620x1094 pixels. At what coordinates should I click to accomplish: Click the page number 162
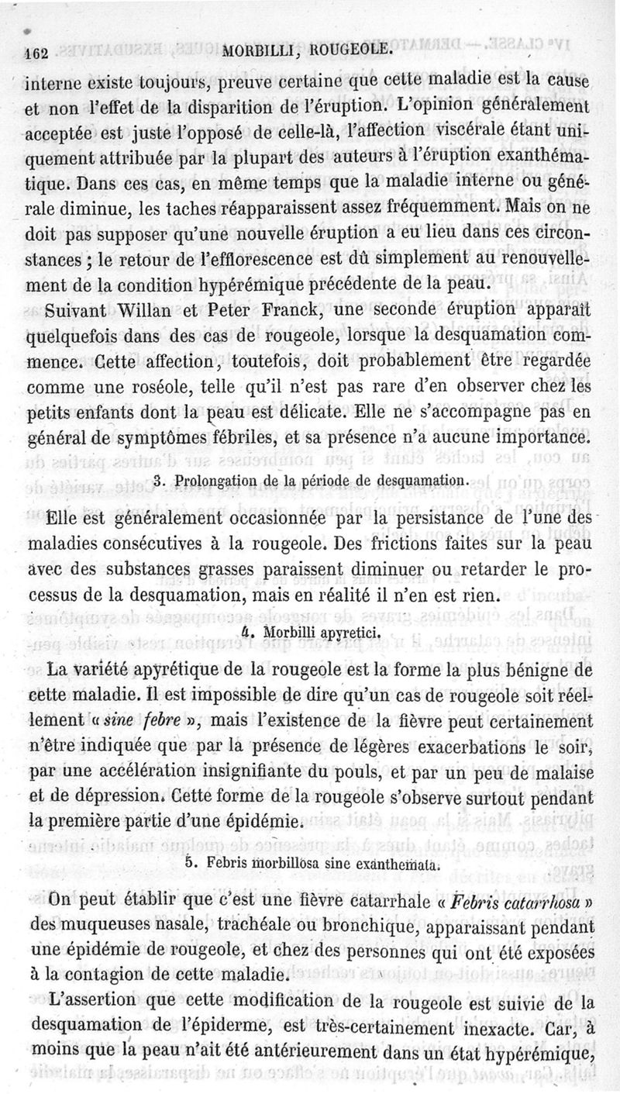point(36,53)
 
